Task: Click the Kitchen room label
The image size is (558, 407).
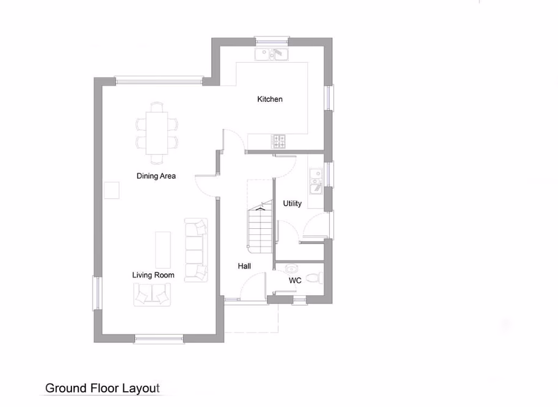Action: coord(270,99)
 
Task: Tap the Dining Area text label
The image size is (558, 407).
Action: coord(156,176)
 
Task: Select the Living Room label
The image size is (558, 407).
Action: coord(153,275)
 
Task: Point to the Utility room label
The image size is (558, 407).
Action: coord(292,203)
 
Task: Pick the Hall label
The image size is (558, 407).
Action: coord(244,266)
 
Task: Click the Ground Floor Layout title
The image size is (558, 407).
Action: coord(103,388)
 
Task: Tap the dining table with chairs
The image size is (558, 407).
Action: coord(158,133)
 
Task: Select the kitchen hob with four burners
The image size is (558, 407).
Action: coord(280,141)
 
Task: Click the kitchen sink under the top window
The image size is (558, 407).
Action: coord(272,54)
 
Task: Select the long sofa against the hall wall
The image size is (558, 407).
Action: coord(197,250)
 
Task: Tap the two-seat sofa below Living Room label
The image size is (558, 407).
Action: coord(152,295)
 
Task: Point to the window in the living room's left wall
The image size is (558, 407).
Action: coord(96,294)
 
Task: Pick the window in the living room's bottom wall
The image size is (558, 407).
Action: coord(159,339)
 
